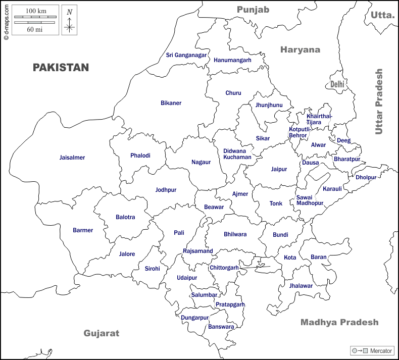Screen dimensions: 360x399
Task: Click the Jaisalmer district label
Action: coord(72,158)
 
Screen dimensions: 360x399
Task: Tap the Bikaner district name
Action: coord(171,103)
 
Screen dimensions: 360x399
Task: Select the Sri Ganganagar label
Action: coord(186,55)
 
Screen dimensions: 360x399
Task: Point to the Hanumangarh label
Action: coord(232,60)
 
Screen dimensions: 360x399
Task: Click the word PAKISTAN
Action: coord(61,68)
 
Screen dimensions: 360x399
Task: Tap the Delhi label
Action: coord(337,85)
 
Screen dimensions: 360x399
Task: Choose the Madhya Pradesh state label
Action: coord(339,322)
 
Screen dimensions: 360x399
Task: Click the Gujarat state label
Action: coord(102,333)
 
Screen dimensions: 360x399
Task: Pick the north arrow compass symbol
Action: coord(69,21)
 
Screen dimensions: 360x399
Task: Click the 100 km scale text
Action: coord(34,11)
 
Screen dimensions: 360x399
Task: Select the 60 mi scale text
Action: coord(34,29)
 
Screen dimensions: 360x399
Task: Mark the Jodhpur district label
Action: coord(166,190)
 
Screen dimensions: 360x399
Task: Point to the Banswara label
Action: coord(221,327)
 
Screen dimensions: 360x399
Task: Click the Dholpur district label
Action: coord(366,177)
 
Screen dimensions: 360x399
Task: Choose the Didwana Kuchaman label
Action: coord(237,154)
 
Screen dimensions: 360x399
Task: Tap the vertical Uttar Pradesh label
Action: coord(379,101)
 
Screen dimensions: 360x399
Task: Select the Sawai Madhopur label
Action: coord(310,200)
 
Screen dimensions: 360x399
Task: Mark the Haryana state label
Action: coord(301,49)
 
